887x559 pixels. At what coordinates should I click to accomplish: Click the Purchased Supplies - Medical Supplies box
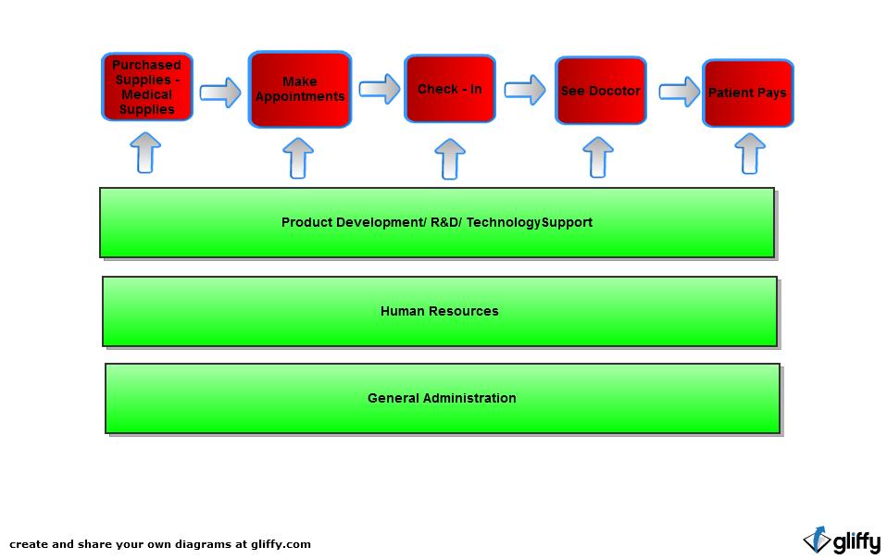[147, 87]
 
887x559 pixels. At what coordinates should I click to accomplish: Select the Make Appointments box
[300, 89]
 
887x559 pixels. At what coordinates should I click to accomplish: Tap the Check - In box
[450, 89]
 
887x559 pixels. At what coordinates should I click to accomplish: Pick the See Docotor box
[600, 91]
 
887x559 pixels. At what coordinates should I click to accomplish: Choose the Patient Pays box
[747, 93]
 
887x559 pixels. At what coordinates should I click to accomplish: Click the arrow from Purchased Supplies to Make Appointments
[220, 93]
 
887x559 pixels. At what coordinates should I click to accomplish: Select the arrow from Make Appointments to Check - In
[379, 89]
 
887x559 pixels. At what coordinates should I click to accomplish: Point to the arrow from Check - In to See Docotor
[525, 90]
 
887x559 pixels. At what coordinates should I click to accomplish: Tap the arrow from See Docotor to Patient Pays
[680, 92]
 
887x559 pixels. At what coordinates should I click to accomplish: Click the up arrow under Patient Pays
[750, 154]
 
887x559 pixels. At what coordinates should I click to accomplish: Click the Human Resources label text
[439, 311]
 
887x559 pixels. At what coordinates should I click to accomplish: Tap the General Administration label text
[442, 398]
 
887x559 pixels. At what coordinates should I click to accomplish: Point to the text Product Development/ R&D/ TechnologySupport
[436, 222]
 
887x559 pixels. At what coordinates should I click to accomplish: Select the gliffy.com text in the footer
[279, 544]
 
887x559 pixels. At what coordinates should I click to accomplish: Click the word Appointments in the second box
[300, 97]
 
